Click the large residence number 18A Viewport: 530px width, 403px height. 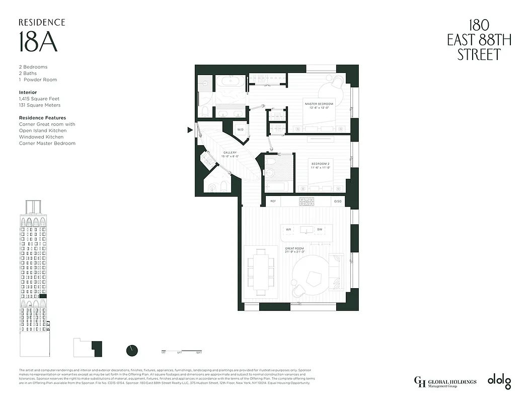(38, 42)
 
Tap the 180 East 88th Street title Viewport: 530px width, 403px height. (479, 40)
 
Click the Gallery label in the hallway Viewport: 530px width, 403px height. (231, 154)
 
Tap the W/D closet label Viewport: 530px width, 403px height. (240, 129)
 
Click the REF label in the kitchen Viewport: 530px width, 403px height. (273, 201)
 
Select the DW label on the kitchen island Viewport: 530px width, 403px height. (319, 230)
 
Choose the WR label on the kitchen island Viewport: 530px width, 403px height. (288, 230)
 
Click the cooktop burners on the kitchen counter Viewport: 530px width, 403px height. (307, 201)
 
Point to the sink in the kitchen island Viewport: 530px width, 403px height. (304, 230)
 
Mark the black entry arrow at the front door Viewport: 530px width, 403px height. (190, 130)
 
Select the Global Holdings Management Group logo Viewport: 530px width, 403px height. (445, 382)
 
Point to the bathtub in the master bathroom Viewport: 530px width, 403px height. (231, 82)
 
